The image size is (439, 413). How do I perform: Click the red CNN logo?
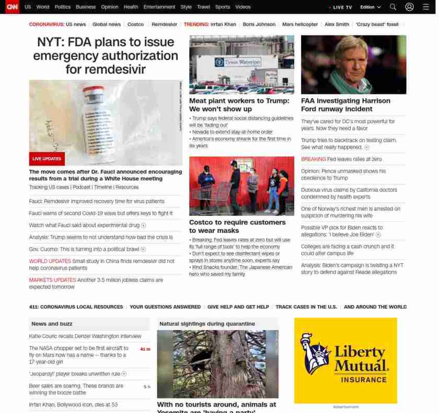pos(12,7)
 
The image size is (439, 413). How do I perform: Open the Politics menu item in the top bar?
pos(62,7)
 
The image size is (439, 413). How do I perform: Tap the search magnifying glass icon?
pos(393,7)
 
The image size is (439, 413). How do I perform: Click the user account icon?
pos(409,7)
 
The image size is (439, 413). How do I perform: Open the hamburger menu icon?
pos(426,7)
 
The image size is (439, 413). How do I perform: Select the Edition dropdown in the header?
pos(370,7)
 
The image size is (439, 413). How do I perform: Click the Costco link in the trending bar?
pos(135,24)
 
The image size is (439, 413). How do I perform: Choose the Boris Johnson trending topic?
pos(259,24)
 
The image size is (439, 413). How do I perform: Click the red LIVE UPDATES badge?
pos(47,159)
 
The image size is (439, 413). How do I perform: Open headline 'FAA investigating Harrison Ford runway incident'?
pos(345,104)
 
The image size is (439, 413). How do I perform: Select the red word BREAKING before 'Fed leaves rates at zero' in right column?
pos(313,159)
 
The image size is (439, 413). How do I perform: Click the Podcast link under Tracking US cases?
pos(82,187)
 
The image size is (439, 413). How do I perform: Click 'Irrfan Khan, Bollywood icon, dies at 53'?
pos(73,405)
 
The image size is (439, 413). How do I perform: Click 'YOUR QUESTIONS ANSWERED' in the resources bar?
pos(165,307)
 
